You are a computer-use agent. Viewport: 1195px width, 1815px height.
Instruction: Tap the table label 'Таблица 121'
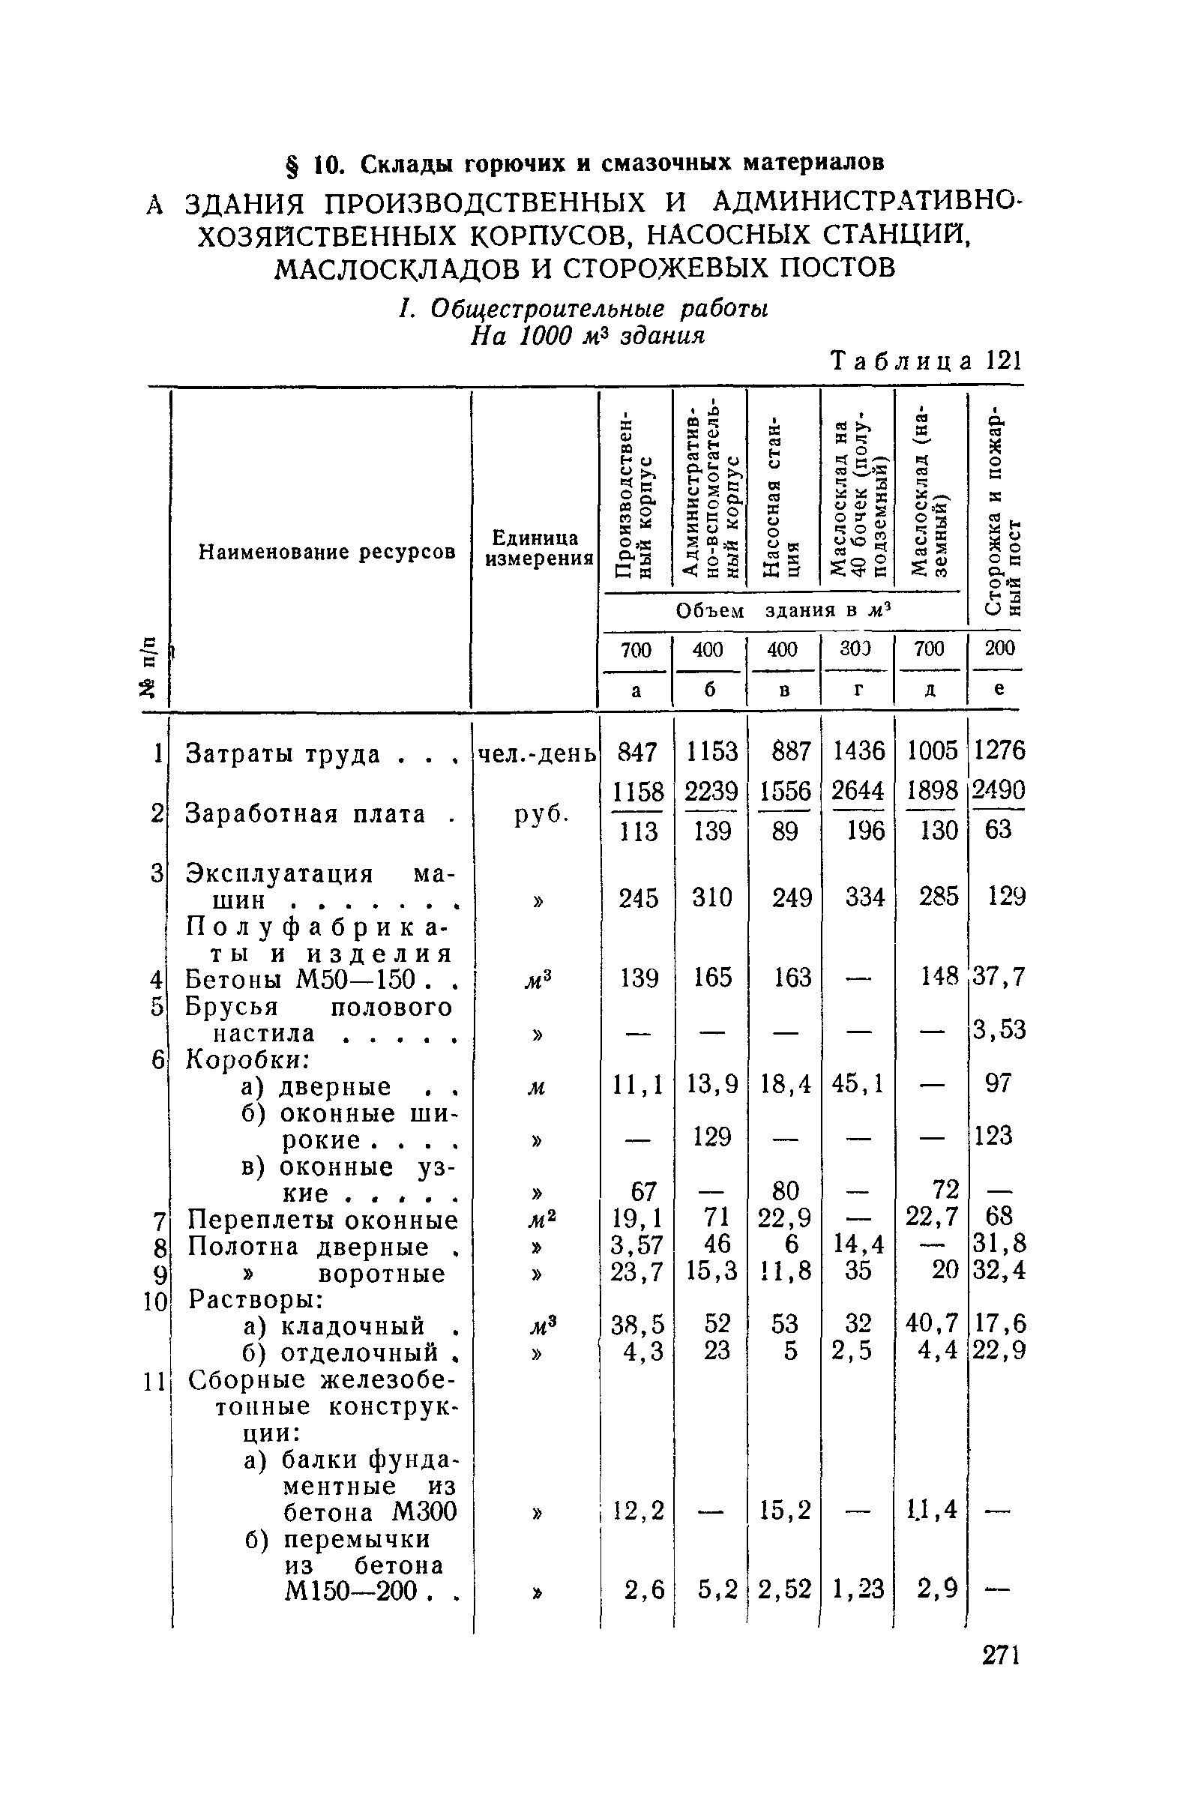[926, 360]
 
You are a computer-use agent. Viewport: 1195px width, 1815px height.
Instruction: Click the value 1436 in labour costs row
[858, 751]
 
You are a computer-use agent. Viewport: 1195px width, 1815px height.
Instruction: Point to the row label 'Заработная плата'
[306, 813]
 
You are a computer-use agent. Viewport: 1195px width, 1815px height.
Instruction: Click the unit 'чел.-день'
[536, 753]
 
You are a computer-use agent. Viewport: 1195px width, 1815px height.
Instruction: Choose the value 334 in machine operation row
[864, 897]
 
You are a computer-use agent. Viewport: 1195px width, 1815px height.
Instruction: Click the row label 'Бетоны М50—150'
[300, 978]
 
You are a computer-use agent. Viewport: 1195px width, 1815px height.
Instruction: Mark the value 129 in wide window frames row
[711, 1137]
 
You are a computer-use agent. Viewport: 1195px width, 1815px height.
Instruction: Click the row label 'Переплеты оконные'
[323, 1220]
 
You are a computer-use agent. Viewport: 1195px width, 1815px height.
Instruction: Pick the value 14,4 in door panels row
[858, 1245]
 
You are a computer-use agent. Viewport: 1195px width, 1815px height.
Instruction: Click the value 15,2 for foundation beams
[786, 1509]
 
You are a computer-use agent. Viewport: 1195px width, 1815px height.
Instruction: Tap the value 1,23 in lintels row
[858, 1589]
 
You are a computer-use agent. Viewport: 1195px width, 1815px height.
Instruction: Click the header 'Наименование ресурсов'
[327, 551]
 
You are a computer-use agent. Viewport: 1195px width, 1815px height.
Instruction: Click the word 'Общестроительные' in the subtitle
[547, 309]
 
